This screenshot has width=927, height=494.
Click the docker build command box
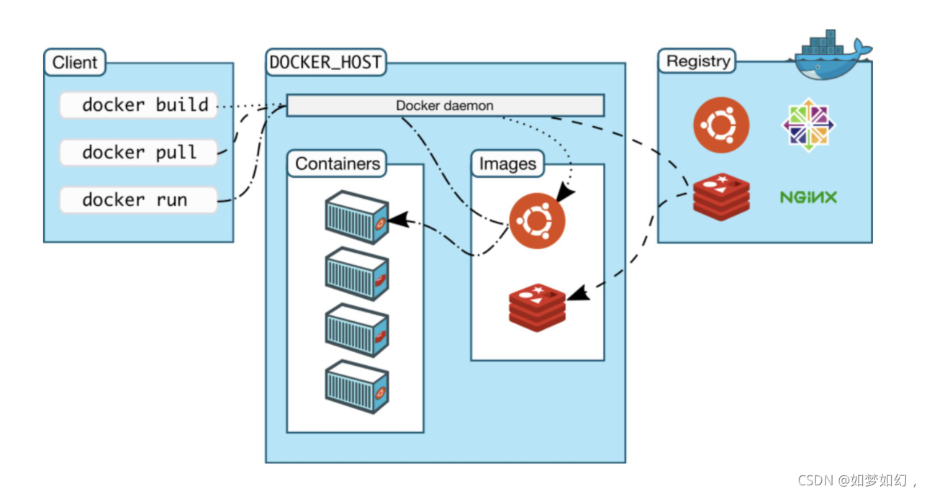(139, 105)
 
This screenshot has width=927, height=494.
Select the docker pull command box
(139, 153)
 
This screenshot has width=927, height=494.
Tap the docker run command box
(139, 200)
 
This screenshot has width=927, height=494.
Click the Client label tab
(75, 63)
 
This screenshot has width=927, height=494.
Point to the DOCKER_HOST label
(326, 63)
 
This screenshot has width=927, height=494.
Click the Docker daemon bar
(446, 106)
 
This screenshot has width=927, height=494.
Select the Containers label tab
(337, 163)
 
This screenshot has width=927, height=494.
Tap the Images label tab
(507, 163)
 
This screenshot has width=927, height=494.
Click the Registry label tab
(697, 61)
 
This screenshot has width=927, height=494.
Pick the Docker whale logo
(833, 56)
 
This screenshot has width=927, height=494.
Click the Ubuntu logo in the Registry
(721, 125)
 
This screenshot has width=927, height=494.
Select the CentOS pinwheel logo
(808, 125)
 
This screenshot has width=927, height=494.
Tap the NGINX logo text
(808, 197)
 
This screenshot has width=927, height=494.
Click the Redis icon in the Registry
(721, 197)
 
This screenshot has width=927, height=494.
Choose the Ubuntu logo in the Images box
(537, 220)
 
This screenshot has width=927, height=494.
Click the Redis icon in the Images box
(537, 307)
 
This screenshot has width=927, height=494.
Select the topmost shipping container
(357, 217)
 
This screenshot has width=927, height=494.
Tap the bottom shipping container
(357, 387)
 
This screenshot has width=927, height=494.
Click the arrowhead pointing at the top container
(399, 220)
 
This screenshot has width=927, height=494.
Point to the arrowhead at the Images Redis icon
(579, 293)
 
